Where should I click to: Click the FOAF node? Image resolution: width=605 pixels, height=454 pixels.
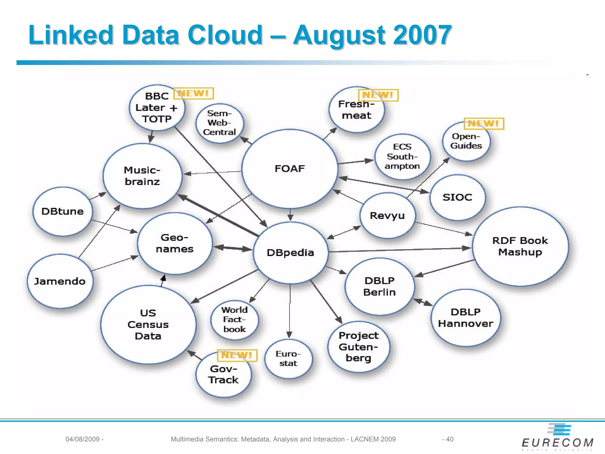(290, 169)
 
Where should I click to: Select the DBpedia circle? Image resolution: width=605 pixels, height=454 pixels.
(290, 253)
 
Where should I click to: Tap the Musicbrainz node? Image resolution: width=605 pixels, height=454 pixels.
(142, 176)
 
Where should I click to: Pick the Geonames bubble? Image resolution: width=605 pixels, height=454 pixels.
(175, 243)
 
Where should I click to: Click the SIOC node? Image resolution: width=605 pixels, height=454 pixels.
(457, 197)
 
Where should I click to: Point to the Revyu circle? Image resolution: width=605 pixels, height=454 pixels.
(387, 215)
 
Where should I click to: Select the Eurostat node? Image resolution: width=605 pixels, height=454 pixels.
(288, 359)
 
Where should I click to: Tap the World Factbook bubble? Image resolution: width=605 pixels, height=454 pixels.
(235, 320)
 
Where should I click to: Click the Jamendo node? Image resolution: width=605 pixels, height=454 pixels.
(60, 281)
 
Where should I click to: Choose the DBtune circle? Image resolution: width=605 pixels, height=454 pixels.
(62, 211)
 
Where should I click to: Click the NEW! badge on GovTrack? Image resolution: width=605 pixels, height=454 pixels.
(237, 355)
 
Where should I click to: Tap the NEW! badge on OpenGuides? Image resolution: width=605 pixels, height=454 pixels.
(484, 123)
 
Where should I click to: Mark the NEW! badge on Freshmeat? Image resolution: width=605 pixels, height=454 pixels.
(378, 95)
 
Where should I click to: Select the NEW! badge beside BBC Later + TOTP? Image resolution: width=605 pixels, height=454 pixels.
(193, 93)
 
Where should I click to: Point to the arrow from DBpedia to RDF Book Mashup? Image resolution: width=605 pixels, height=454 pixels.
(399, 250)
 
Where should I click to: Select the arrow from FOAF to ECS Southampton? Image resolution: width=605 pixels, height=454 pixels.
(356, 162)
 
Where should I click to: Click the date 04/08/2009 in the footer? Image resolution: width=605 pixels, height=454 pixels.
(83, 439)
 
